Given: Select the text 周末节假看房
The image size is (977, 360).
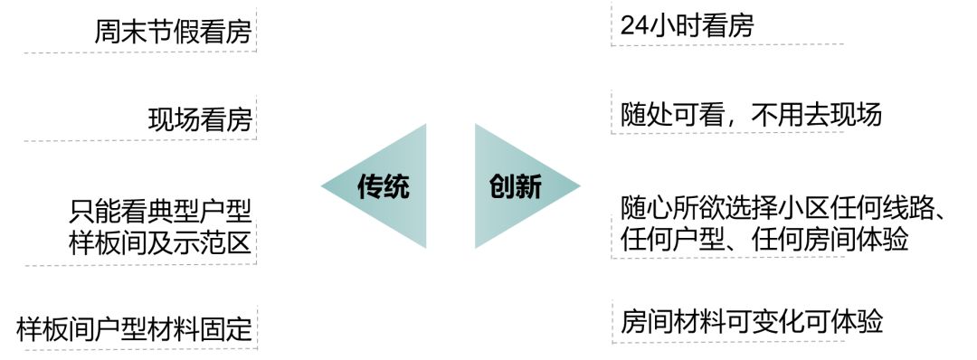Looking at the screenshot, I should [x=173, y=33].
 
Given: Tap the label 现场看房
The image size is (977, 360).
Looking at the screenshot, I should [x=199, y=119].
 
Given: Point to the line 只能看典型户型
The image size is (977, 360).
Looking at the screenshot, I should [x=160, y=212].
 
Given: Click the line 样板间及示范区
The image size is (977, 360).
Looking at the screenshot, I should [x=160, y=242].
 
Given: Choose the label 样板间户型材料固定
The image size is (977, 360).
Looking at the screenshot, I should [x=134, y=327].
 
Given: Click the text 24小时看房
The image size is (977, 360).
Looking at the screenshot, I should [x=687, y=26].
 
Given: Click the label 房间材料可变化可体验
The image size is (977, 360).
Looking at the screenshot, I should [x=752, y=321].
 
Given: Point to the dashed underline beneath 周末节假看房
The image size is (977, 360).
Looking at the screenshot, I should [x=140, y=52].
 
